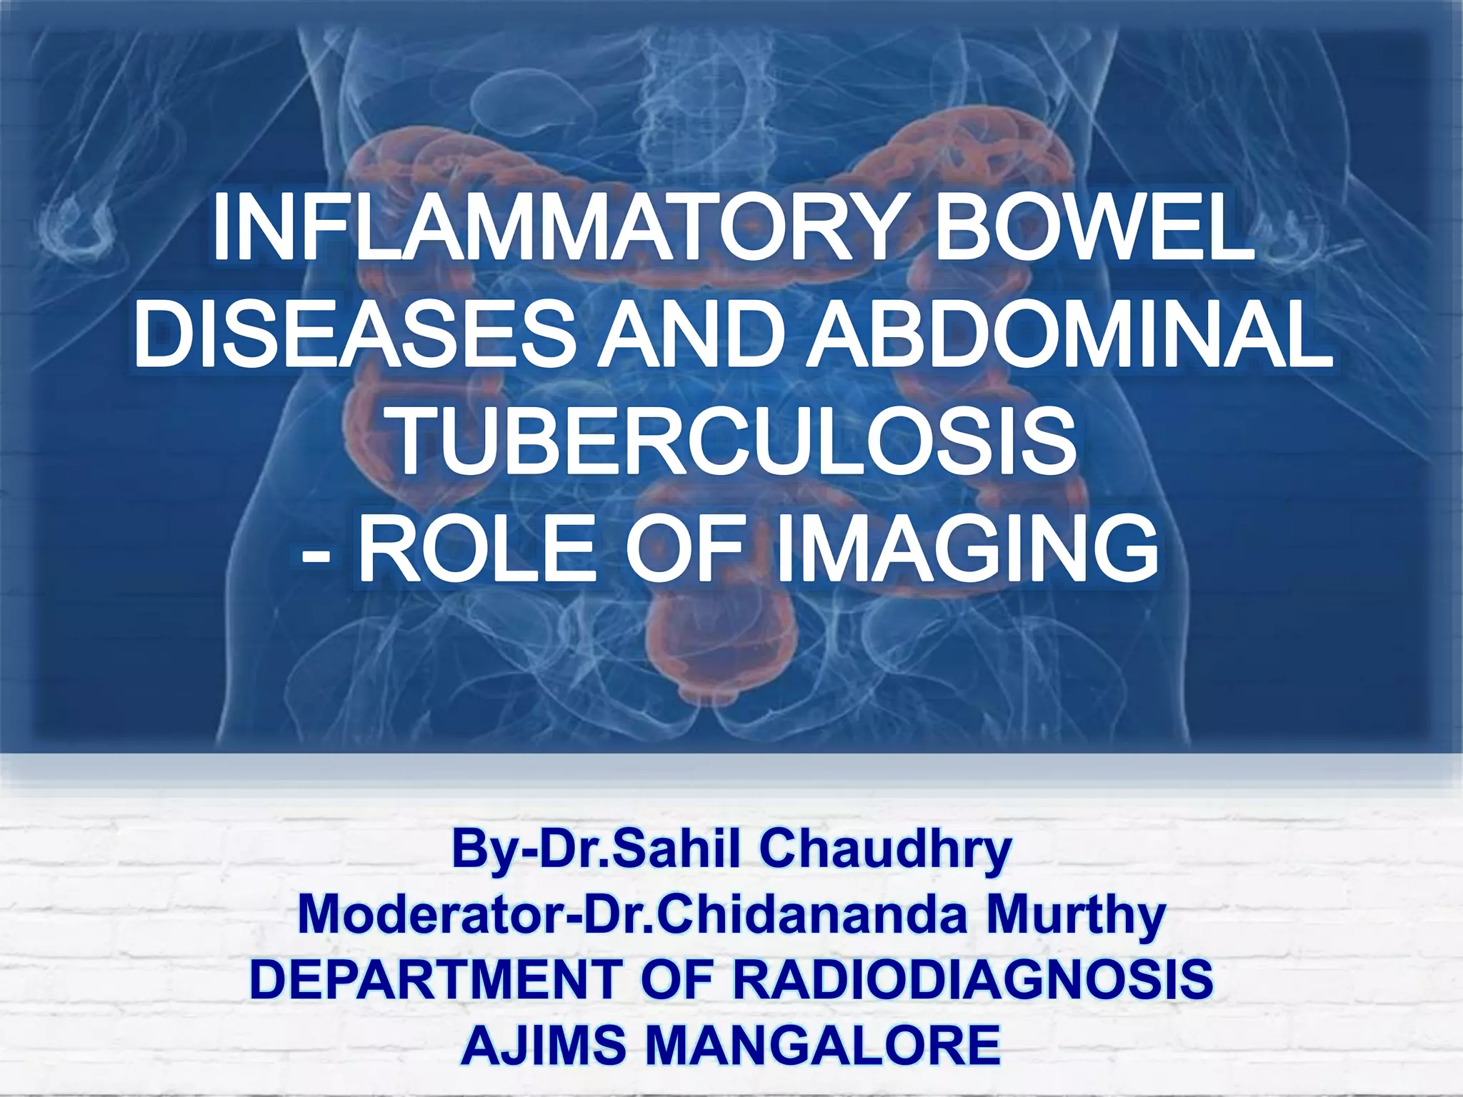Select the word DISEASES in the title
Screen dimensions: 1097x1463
pos(353,336)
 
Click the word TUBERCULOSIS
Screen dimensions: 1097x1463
pos(734,443)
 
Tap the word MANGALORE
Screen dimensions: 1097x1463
pos(822,1044)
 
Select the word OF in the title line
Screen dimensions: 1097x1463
pos(684,550)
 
